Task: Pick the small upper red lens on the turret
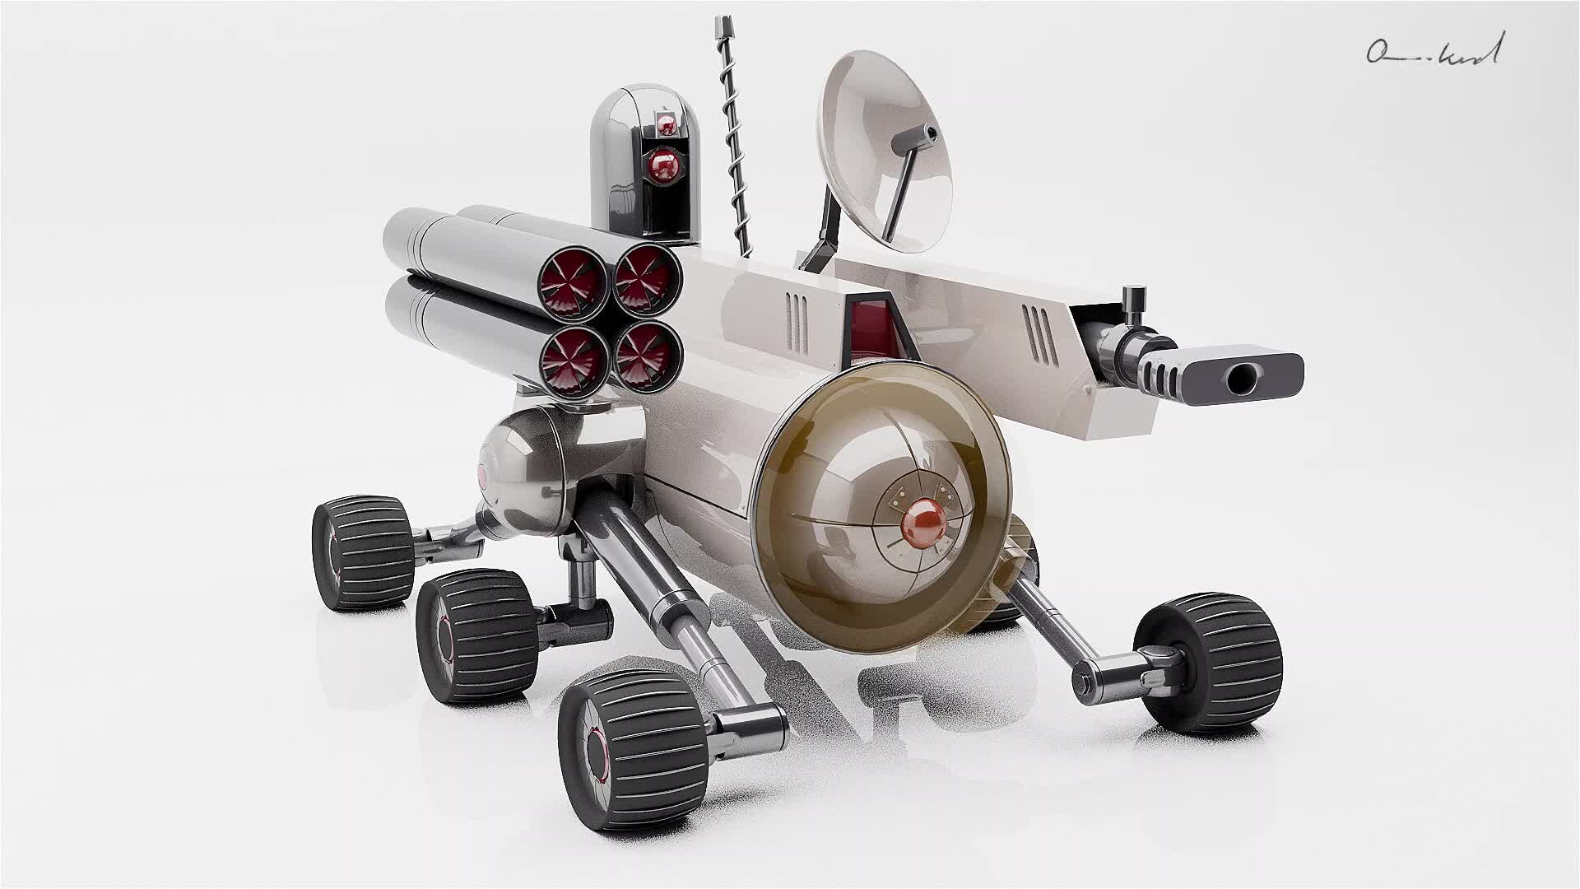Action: [x=666, y=125]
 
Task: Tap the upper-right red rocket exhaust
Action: [x=648, y=280]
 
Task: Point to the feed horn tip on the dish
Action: [x=930, y=132]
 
